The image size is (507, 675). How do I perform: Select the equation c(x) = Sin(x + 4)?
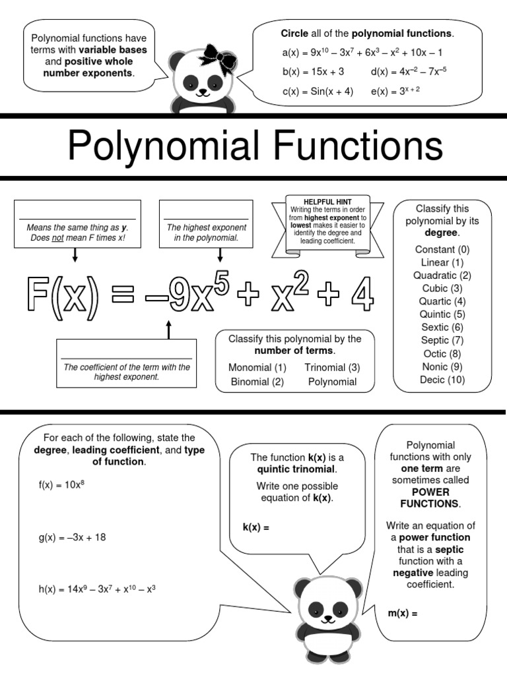[x=318, y=92]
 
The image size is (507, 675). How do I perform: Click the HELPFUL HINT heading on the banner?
[x=327, y=201]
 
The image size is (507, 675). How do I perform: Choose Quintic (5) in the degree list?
[x=442, y=314]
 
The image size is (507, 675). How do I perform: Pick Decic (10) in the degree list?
[x=442, y=380]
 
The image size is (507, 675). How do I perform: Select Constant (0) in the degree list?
[x=442, y=250]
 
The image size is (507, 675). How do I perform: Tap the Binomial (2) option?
[x=257, y=382]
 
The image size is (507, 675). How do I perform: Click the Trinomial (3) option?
[x=332, y=367]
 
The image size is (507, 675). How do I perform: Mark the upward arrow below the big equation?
[x=168, y=330]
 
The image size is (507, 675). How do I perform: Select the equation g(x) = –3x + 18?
[x=72, y=537]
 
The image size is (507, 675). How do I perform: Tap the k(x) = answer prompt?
[x=256, y=527]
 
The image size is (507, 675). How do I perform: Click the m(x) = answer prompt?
[x=403, y=614]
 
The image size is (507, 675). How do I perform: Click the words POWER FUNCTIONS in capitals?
[x=430, y=498]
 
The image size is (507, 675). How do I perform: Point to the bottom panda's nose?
[x=327, y=620]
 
